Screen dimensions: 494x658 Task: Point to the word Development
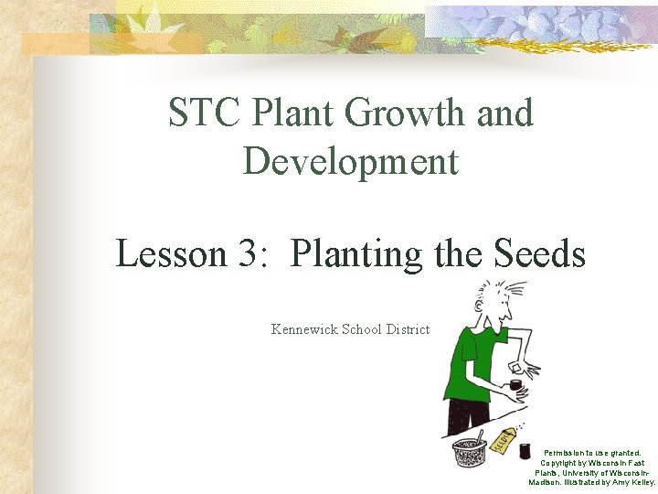point(351,162)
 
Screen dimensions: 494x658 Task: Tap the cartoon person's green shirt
point(471,366)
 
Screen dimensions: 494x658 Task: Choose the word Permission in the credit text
point(567,453)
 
